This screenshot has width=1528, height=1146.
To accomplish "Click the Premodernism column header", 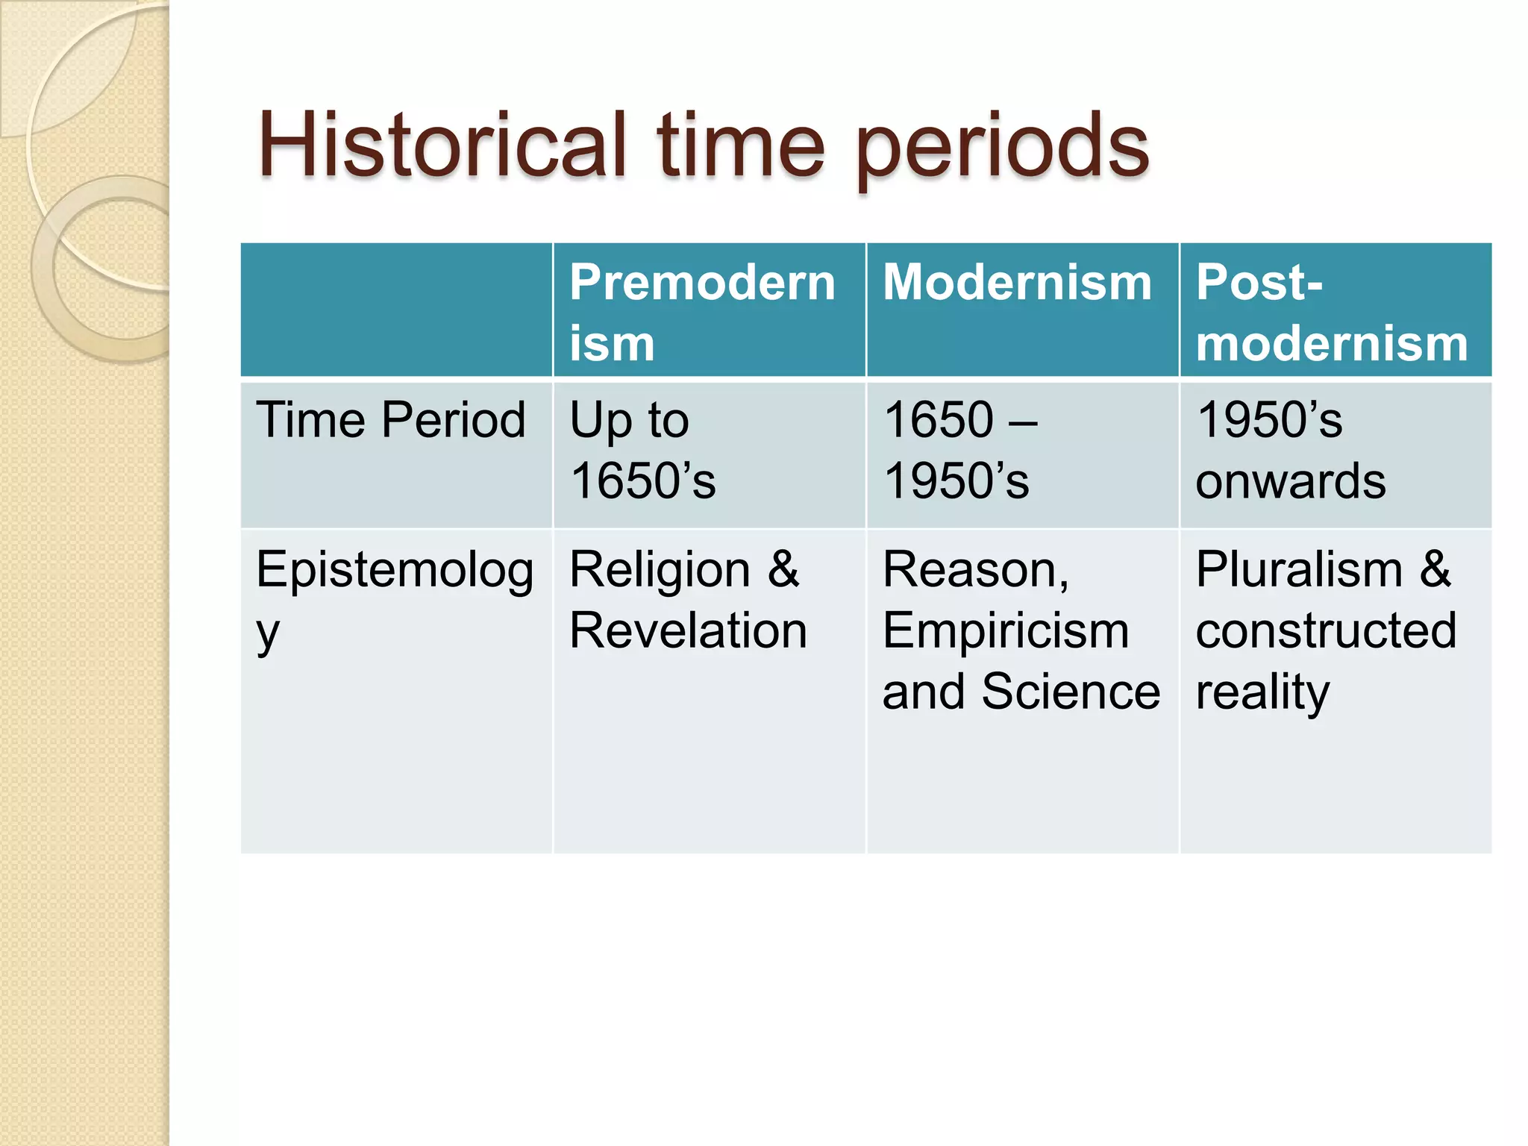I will (701, 312).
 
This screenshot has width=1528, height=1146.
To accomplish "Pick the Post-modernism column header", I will (1331, 312).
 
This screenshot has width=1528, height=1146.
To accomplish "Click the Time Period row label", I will (391, 419).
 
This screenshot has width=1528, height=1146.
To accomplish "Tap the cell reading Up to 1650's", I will (642, 451).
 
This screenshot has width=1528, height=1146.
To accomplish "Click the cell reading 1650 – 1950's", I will (959, 451).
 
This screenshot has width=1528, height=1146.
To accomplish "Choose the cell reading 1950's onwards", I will (1290, 451).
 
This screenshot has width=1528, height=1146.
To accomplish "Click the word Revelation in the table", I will (688, 631).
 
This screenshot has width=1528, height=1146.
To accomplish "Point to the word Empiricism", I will (1005, 631).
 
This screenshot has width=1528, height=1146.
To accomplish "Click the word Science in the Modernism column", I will (1071, 692).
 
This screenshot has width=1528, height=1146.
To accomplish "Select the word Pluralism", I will (1299, 570).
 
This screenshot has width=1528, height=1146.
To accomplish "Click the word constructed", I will (1325, 631).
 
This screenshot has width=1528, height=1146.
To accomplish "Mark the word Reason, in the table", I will (975, 572).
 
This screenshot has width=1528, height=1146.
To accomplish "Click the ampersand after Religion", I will (783, 570).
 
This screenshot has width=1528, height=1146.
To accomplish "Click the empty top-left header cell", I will (396, 310).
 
